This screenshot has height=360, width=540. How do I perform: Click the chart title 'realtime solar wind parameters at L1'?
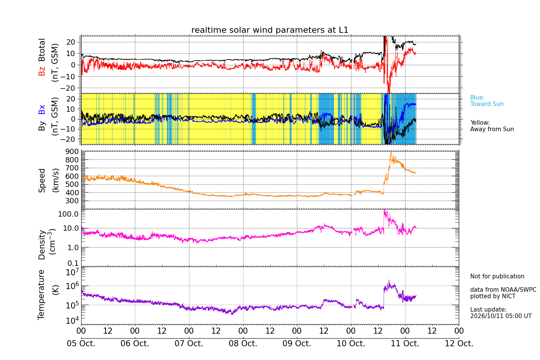pyautogui.click(x=270, y=30)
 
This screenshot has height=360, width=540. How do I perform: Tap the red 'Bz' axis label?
pyautogui.click(x=42, y=71)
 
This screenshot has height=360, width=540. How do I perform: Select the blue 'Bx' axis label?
pyautogui.click(x=42, y=109)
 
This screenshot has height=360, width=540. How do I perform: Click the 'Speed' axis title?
pyautogui.click(x=42, y=180)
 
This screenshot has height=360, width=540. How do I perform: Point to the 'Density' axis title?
pyautogui.click(x=42, y=245)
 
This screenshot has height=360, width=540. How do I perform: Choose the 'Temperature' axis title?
pyautogui.click(x=41, y=295)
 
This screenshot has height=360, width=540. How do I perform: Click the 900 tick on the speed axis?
pyautogui.click(x=72, y=152)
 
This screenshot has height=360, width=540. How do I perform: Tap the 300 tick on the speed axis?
pyautogui.click(x=72, y=201)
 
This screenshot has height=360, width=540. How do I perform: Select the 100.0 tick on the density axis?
pyautogui.click(x=68, y=214)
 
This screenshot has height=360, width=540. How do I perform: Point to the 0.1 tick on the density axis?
pyautogui.click(x=73, y=263)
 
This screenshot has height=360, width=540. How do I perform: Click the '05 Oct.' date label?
pyautogui.click(x=81, y=343)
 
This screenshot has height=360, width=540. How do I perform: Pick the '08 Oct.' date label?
pyautogui.click(x=243, y=343)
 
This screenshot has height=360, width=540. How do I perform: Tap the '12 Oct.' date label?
pyautogui.click(x=459, y=343)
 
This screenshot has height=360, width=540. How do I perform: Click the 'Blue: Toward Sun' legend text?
pyautogui.click(x=487, y=101)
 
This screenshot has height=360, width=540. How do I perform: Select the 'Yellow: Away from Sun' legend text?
pyautogui.click(x=492, y=126)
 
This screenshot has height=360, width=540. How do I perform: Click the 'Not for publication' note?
pyautogui.click(x=497, y=276)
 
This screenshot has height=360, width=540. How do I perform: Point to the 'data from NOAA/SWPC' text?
pyautogui.click(x=503, y=289)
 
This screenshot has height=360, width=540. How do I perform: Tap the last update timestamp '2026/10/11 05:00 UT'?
pyautogui.click(x=501, y=316)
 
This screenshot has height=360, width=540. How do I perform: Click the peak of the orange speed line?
pyautogui.click(x=391, y=152)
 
